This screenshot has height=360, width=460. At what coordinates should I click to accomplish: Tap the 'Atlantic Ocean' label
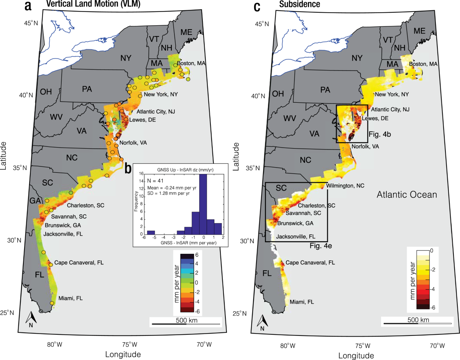coord(407,195)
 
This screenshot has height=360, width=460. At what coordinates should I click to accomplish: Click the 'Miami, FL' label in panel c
coord(302,302)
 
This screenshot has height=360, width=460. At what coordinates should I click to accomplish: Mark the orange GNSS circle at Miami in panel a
coord(52,303)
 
